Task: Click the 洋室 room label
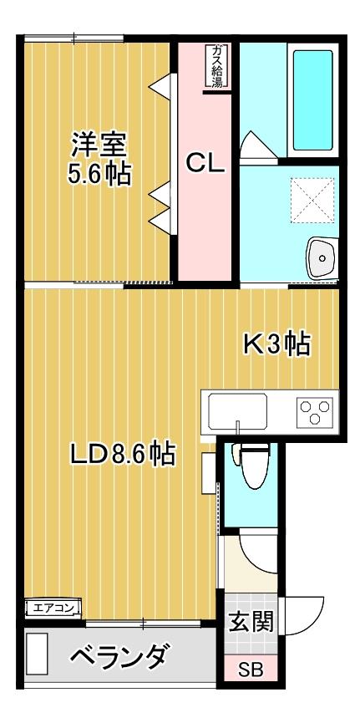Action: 99,145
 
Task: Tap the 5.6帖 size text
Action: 99,175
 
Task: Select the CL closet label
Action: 205,163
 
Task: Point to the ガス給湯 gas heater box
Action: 216,66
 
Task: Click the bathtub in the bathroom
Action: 313,100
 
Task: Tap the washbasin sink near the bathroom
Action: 322,258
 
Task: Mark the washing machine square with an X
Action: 312,200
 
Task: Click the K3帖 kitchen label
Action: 276,344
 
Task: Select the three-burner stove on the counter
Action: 315,411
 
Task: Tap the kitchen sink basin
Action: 237,412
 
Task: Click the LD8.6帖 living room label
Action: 123,454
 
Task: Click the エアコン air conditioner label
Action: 53,608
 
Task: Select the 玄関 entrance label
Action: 251,621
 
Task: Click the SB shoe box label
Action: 251,670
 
